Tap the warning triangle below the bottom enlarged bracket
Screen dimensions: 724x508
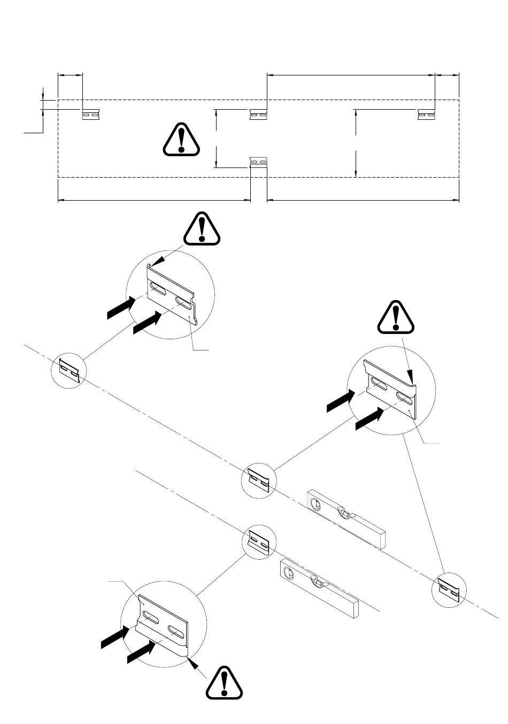click(x=225, y=683)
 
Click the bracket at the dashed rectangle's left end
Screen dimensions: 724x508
click(x=90, y=115)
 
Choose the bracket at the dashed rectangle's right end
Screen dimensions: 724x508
click(x=426, y=114)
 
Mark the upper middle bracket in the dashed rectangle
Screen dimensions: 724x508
click(x=258, y=114)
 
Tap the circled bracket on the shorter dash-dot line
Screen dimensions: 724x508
click(x=259, y=542)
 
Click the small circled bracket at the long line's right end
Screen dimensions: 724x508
click(x=448, y=590)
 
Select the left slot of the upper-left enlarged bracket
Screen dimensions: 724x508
click(x=158, y=289)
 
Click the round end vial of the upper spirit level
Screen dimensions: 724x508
click(x=316, y=504)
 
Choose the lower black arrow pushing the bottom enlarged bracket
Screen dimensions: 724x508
click(x=142, y=652)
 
